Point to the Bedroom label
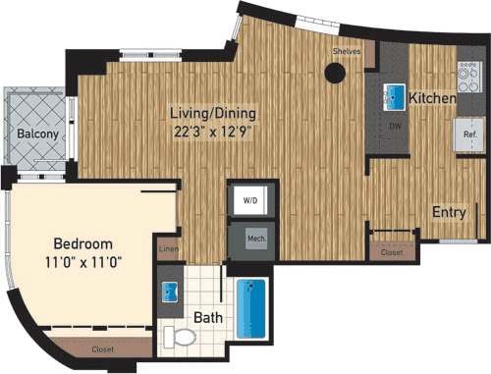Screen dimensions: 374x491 82,243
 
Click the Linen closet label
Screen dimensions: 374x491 168,251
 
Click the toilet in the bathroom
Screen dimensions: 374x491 179,337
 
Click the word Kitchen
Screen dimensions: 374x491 432,99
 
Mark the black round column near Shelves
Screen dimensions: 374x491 336,72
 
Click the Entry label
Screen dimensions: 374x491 448,211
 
